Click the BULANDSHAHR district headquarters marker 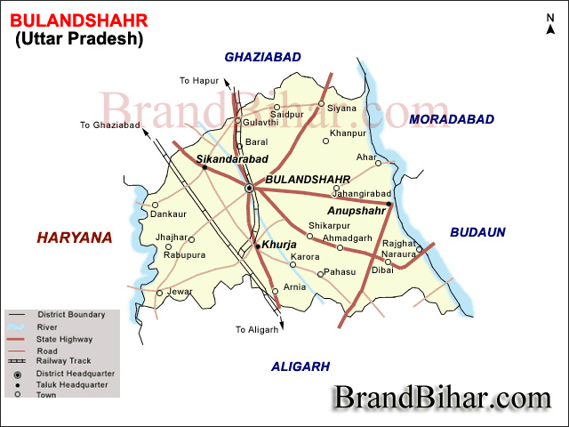click(250, 189)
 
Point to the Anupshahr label click(357, 212)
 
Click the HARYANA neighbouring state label click(75, 238)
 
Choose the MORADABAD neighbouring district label click(451, 118)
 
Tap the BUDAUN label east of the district click(477, 232)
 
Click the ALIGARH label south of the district click(301, 366)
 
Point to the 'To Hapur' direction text click(199, 81)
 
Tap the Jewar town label click(180, 291)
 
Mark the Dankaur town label click(169, 214)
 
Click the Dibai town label click(382, 270)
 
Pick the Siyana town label click(341, 109)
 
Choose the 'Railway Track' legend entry click(61, 362)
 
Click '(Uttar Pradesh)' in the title click(78, 38)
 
